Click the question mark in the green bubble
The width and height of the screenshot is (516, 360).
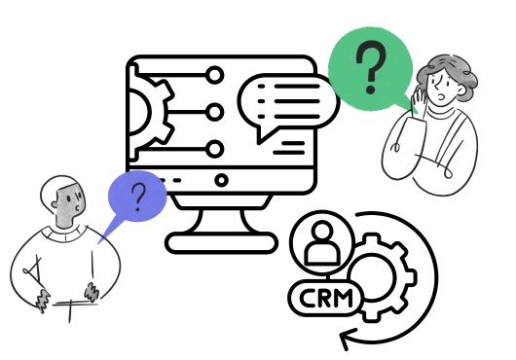[x=369, y=68]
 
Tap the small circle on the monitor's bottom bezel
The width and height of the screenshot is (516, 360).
[x=221, y=180]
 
